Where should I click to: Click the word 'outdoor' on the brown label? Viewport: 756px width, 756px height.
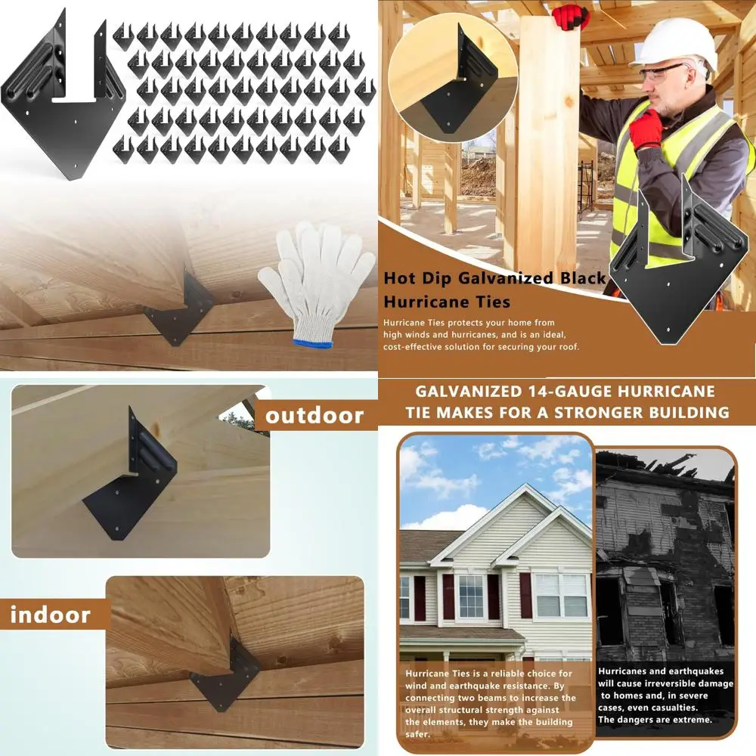coord(314,415)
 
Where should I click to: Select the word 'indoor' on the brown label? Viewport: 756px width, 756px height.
coord(50,614)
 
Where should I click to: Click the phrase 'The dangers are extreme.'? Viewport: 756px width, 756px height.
coord(655,719)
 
